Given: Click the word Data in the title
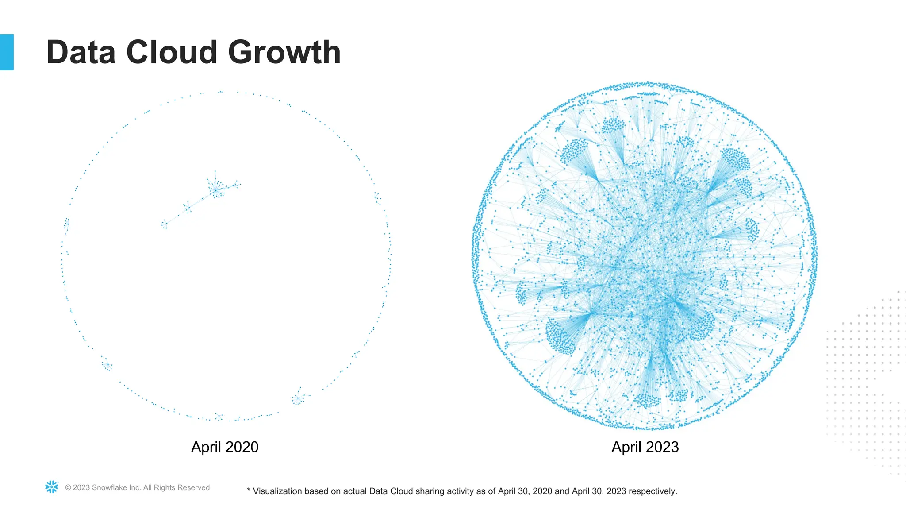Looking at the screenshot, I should tap(81, 52).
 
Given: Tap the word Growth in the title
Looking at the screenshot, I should tap(284, 52).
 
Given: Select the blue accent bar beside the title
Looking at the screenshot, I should tap(7, 52).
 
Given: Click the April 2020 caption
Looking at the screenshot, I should tap(224, 447).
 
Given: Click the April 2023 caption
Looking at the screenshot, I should tap(645, 447).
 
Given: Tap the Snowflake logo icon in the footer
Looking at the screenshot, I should tap(52, 487).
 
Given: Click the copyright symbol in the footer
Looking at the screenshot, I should tap(68, 488).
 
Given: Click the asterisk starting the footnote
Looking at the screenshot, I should tap(249, 491).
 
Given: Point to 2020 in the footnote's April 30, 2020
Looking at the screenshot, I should tap(542, 491).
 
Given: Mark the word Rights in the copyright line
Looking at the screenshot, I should tap(164, 487).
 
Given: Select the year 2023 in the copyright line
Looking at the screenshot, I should tap(81, 487).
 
